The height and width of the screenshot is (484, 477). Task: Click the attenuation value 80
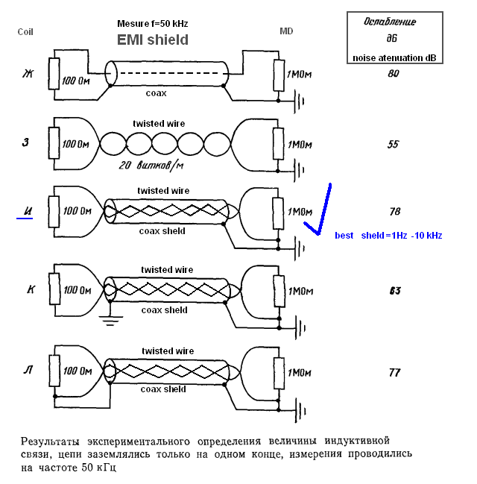[x=394, y=74]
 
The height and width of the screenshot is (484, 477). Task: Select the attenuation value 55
[x=394, y=144]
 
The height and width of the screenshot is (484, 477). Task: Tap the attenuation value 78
[x=394, y=213]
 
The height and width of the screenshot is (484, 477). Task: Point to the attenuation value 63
[x=394, y=292]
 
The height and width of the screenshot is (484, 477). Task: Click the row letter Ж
[x=28, y=73]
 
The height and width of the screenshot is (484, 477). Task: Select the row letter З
[x=26, y=142]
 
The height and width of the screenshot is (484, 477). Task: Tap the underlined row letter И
[x=28, y=211]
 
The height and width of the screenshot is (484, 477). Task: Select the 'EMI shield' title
[x=152, y=40]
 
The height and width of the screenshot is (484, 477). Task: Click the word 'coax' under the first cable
[x=156, y=94]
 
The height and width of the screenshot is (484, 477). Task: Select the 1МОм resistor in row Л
[x=279, y=372]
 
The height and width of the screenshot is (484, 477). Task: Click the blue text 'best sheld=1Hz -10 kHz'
[x=388, y=235]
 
